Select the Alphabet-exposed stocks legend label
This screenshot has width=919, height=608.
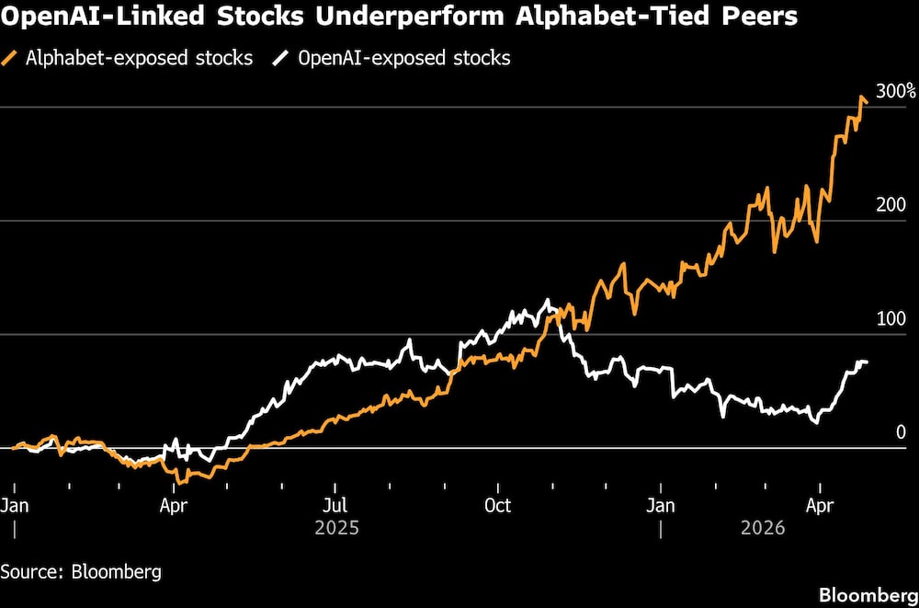(x=139, y=58)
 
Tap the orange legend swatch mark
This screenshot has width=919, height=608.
(x=12, y=58)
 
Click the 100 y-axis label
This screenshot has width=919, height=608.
(x=891, y=319)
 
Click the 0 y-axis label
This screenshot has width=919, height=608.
(x=902, y=432)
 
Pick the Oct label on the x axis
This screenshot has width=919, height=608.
(x=497, y=505)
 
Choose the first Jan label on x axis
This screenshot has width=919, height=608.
(x=15, y=505)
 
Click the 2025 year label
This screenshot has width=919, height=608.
(x=336, y=529)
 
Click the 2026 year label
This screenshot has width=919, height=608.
(x=763, y=529)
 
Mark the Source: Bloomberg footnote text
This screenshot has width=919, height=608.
(x=81, y=571)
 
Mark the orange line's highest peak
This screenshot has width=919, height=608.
(x=862, y=97)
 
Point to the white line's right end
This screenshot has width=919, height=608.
(x=867, y=362)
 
